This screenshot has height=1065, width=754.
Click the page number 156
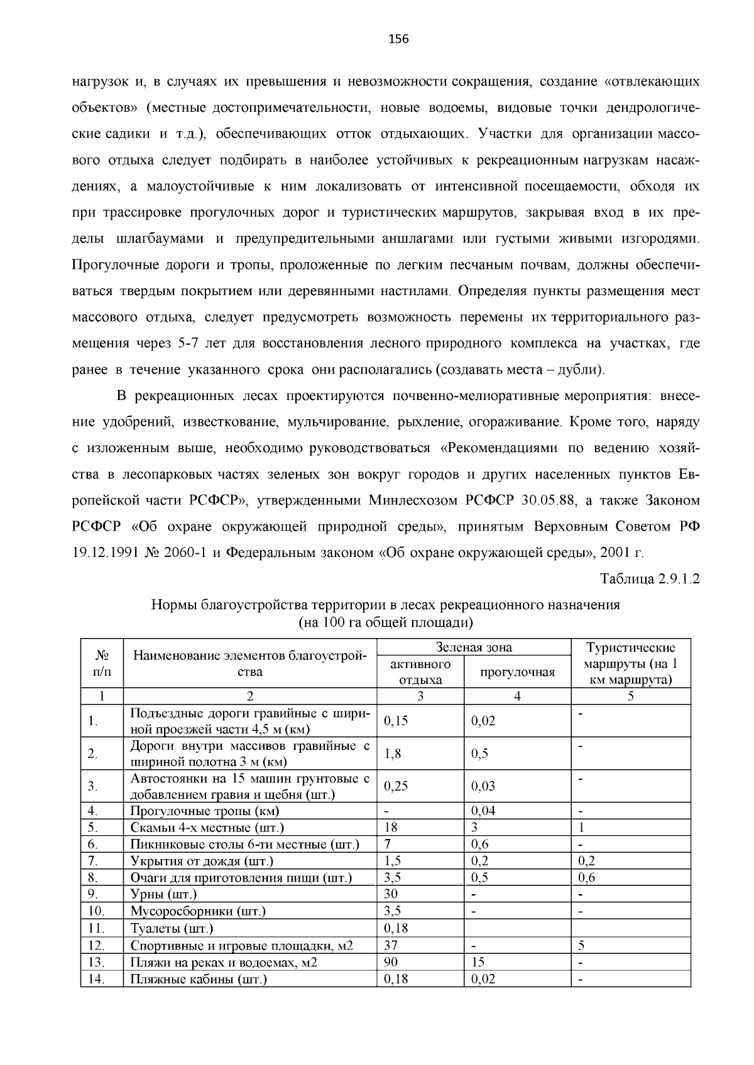coord(398,40)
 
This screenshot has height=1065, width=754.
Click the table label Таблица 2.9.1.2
coord(650,578)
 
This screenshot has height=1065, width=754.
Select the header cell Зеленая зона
coord(474,647)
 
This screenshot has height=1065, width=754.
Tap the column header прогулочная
coord(517,672)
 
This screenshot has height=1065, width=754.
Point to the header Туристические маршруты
coord(630,663)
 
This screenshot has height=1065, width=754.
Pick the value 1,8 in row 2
coord(393,754)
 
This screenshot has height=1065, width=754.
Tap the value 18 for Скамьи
coord(390,828)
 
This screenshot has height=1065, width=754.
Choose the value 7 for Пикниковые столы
coord(387,844)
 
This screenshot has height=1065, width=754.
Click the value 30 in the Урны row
coord(390,894)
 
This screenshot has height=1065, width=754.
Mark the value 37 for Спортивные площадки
coord(390,944)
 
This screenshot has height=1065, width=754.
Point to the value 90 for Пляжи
coord(390,961)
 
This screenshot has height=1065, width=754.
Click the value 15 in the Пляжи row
coord(478,961)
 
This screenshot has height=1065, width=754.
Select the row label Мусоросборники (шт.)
coord(198,911)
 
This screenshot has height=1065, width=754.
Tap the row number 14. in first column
coord(96,978)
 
